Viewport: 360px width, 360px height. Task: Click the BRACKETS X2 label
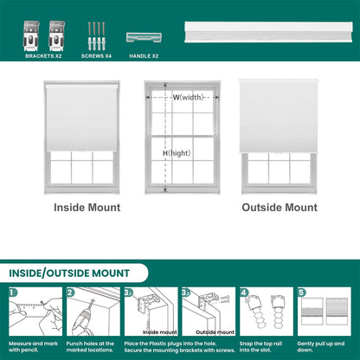(43, 56)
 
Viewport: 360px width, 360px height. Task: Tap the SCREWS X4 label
(96, 56)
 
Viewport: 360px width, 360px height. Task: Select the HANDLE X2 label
(144, 56)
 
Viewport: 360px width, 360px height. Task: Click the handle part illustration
(144, 37)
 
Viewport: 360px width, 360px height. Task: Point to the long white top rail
(268, 32)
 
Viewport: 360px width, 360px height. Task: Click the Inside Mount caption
(87, 208)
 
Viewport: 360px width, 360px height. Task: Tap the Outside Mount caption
(280, 208)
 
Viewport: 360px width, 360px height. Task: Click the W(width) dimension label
(188, 97)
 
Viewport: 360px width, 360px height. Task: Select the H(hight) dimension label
(177, 153)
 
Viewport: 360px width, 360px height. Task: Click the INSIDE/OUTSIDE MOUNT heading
(69, 273)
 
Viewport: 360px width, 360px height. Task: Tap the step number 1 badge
(13, 292)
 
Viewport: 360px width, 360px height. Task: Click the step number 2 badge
(70, 292)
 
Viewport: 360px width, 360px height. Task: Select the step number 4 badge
(244, 292)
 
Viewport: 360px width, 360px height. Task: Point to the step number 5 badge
(301, 292)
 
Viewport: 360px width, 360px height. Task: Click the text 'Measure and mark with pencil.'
(33, 347)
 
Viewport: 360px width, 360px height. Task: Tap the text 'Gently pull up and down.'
(321, 347)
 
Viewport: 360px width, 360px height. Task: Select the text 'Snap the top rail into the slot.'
(260, 347)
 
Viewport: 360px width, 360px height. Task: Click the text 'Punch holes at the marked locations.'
(90, 347)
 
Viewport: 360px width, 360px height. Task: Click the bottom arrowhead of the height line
(165, 190)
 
